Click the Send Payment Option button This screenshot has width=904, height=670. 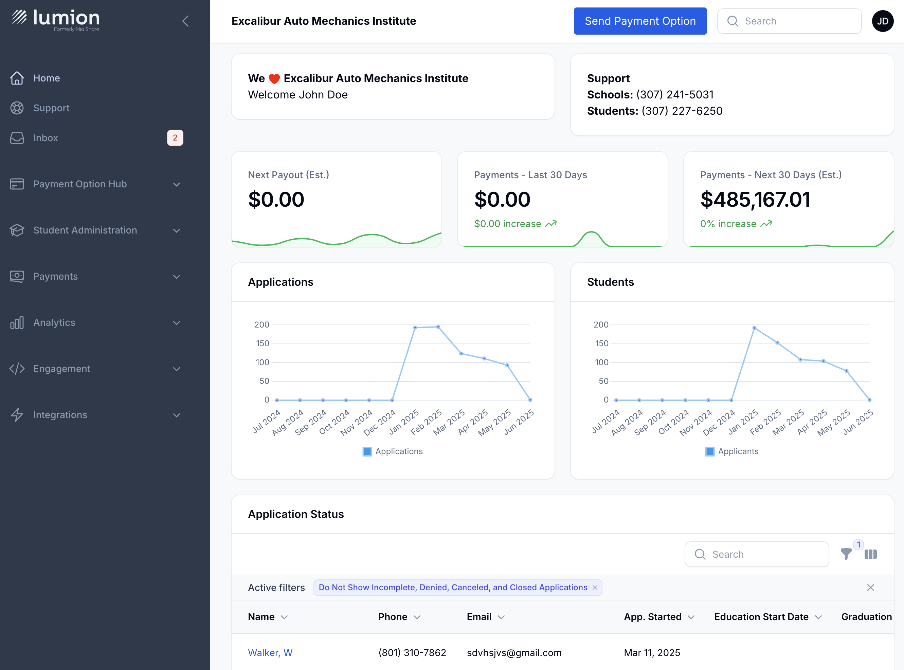(640, 21)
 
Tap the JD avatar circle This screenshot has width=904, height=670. (883, 21)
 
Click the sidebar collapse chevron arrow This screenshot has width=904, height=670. (185, 21)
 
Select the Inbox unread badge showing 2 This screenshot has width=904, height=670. (175, 138)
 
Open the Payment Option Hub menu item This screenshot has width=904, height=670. (80, 184)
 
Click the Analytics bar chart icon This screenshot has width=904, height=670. (17, 323)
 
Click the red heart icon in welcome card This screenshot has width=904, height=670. (274, 79)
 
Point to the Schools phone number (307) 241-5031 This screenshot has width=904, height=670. (675, 94)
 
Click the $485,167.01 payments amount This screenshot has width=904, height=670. (755, 200)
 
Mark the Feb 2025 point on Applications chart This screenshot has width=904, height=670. (438, 327)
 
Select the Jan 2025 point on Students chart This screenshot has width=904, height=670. (754, 328)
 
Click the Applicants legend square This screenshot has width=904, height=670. (710, 451)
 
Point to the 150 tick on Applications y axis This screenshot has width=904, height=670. (263, 343)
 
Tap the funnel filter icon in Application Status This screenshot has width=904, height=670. (846, 554)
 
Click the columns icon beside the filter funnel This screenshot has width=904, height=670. (871, 554)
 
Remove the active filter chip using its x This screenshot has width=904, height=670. (595, 588)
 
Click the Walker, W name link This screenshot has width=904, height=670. (270, 653)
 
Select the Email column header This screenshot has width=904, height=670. (479, 617)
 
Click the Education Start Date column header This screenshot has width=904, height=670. (761, 617)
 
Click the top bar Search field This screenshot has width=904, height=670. (789, 21)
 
